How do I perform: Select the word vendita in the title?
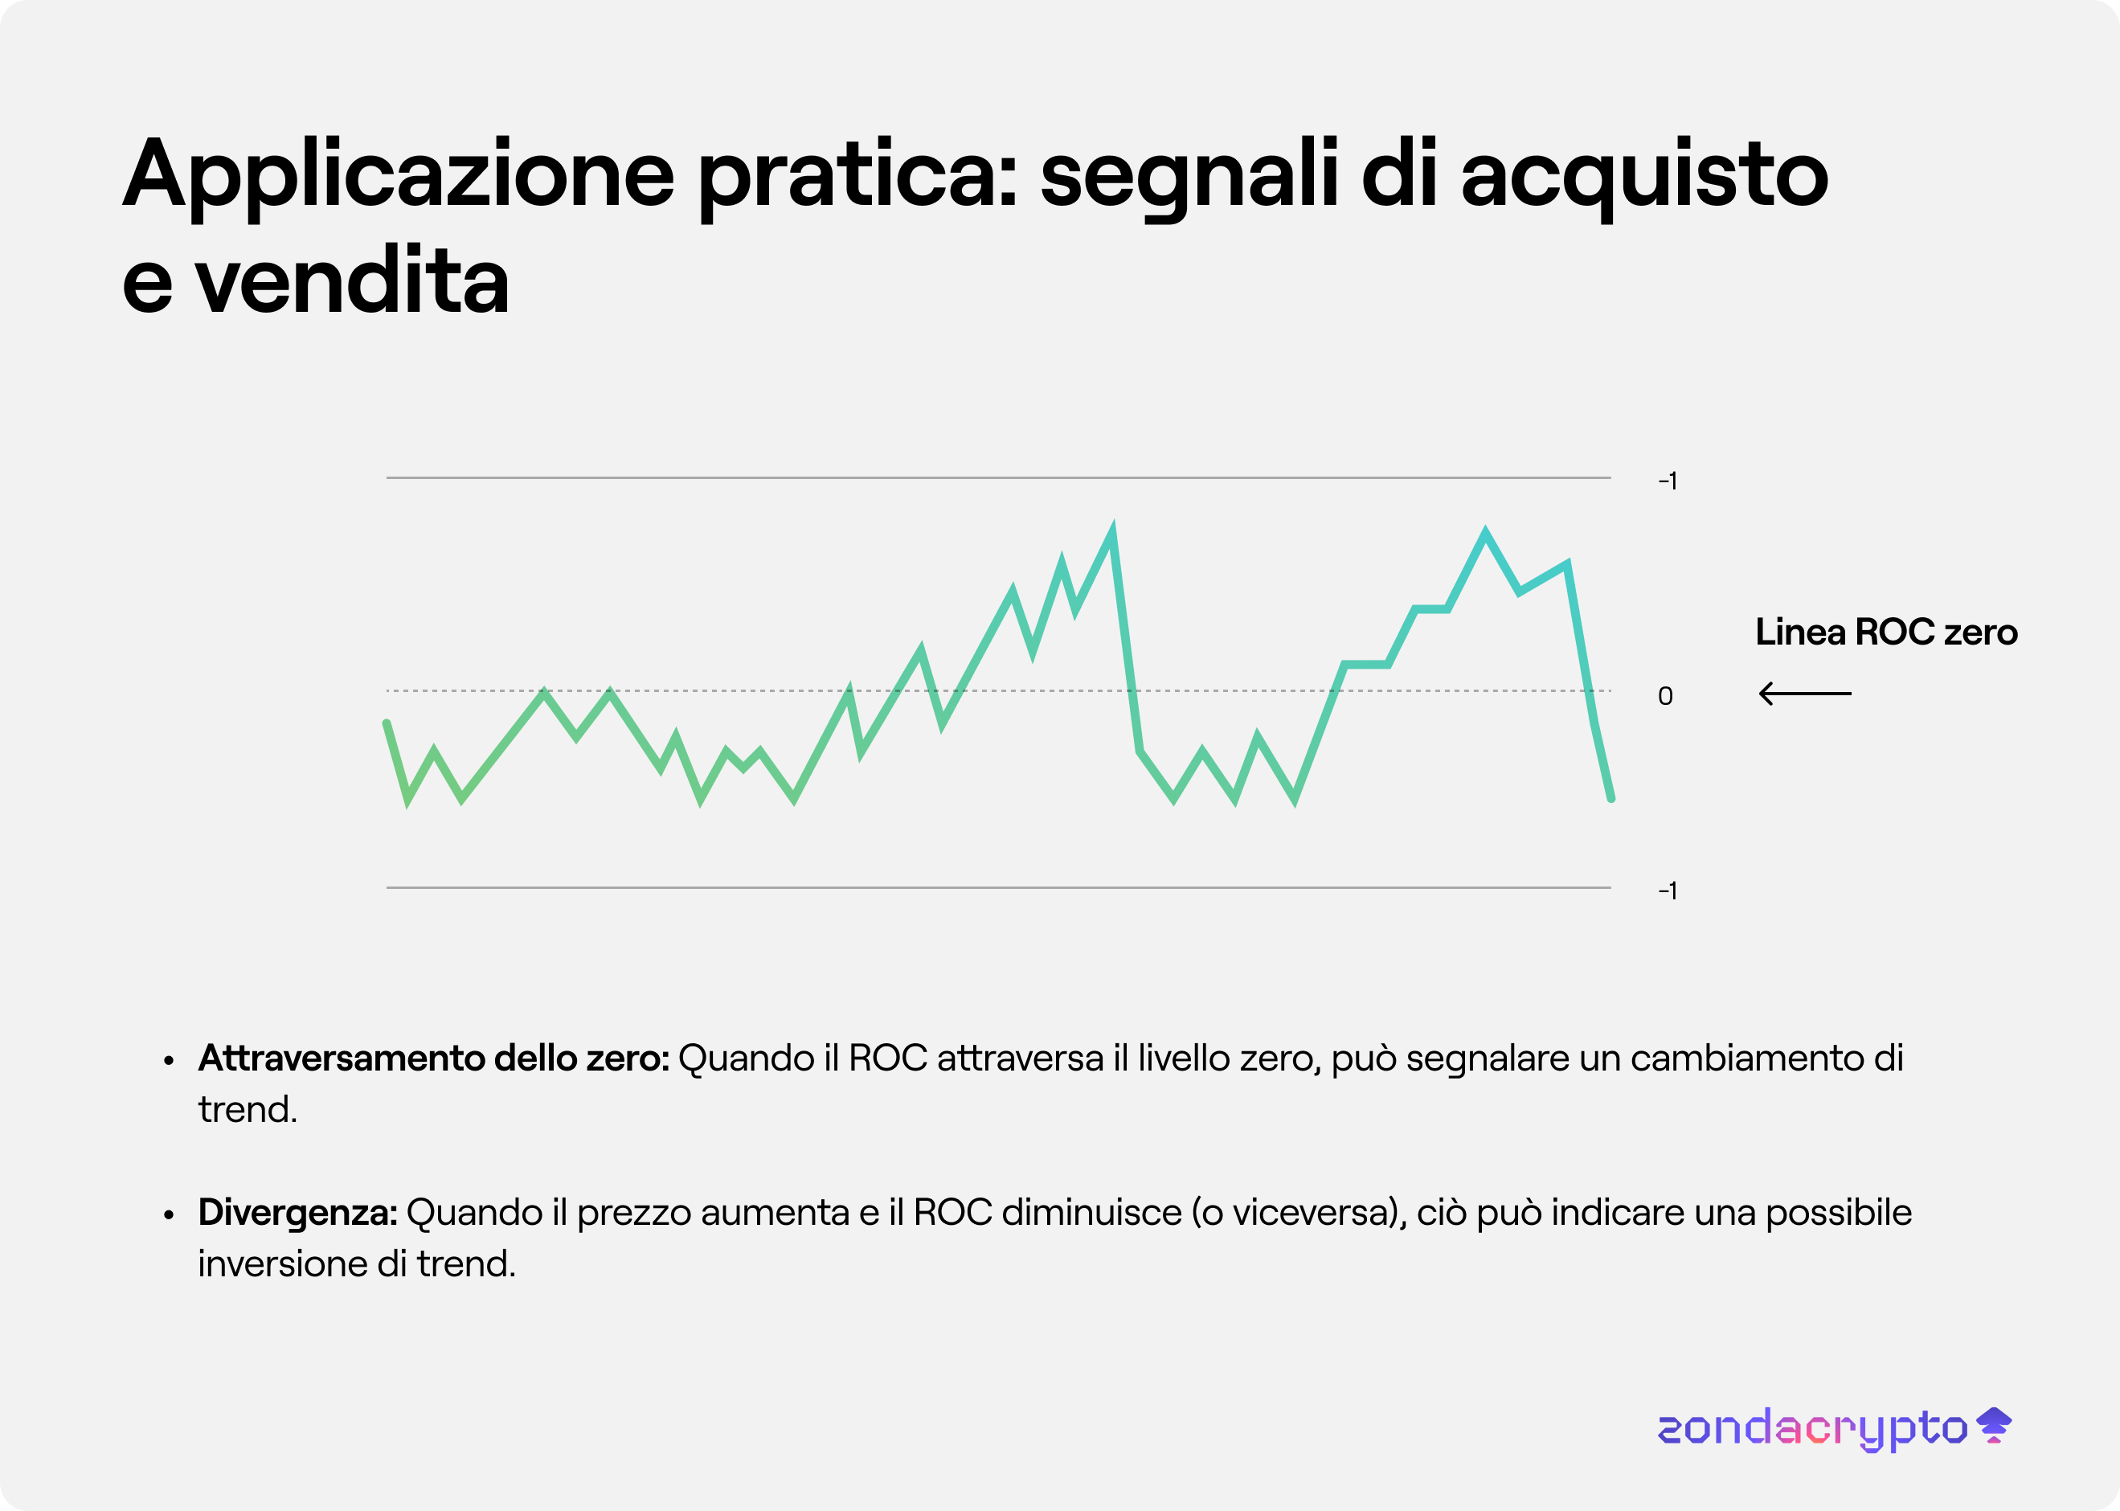coord(352,282)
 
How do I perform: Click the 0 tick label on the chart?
coord(1665,696)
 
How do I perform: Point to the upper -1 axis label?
coord(1667,481)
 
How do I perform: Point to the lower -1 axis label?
coord(1667,891)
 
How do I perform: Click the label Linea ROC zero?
coord(1885,632)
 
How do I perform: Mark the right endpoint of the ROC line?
coord(1610,797)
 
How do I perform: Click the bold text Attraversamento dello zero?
coord(433,1059)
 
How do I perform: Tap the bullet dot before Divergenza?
coord(169,1214)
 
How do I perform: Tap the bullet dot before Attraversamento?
coord(169,1060)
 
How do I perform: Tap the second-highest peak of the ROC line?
coord(1484,532)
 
